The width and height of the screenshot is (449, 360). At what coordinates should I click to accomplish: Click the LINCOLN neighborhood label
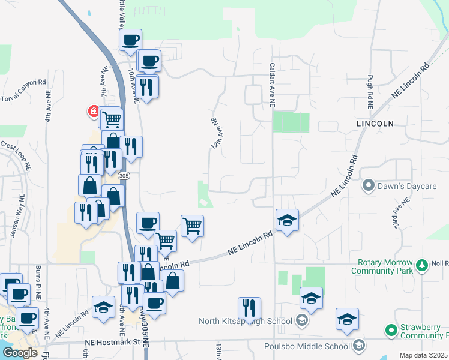pyautogui.click(x=375, y=124)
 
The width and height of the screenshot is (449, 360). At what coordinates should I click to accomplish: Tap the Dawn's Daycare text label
pyautogui.click(x=406, y=186)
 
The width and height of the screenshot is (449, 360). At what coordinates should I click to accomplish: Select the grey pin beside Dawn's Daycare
pyautogui.click(x=368, y=186)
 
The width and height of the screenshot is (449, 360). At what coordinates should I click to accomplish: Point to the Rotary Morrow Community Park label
pyautogui.click(x=385, y=267)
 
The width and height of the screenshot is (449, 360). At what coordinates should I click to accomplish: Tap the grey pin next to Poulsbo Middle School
pyautogui.click(x=358, y=346)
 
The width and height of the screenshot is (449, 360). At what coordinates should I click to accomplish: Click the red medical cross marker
pyautogui.click(x=94, y=112)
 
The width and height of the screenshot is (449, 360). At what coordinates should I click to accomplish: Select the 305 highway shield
pyautogui.click(x=124, y=175)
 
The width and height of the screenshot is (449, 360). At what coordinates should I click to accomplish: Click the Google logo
pyautogui.click(x=20, y=353)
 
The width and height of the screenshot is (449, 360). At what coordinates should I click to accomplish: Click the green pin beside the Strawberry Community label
pyautogui.click(x=391, y=330)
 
